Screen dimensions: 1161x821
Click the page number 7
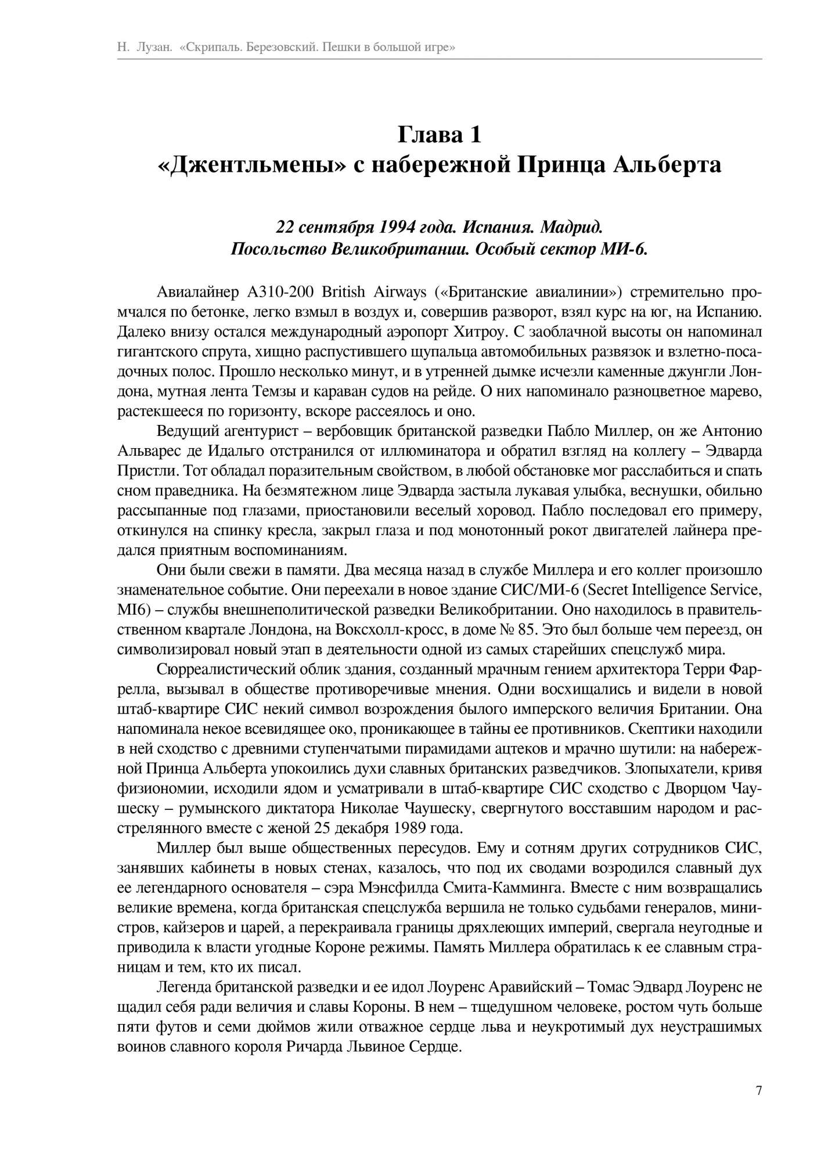(x=758, y=1090)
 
